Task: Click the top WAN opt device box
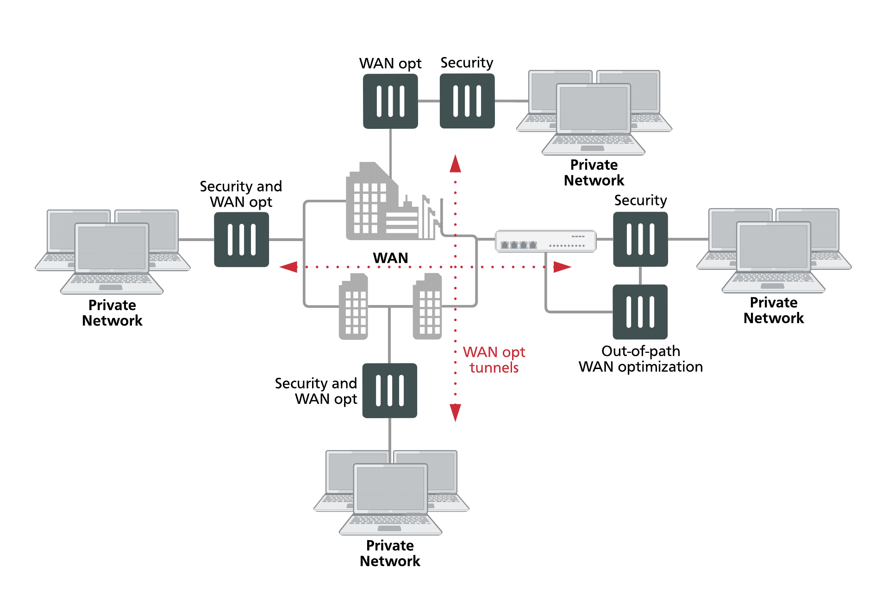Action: pos(390,101)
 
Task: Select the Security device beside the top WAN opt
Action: pos(467,101)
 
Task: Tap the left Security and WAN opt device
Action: pos(241,240)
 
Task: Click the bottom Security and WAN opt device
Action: pos(389,390)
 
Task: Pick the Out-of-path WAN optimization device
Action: pos(640,312)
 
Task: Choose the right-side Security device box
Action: pos(640,239)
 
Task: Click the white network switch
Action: pos(545,241)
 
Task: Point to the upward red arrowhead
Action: pos(455,164)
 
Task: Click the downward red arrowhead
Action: pos(455,412)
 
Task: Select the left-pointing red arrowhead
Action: pos(289,267)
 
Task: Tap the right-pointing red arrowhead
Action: pos(562,267)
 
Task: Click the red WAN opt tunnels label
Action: pos(494,360)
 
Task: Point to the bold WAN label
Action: pos(390,258)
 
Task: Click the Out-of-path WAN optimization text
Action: pos(640,359)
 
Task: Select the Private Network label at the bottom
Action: pos(390,553)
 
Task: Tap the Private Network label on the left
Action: pos(112,313)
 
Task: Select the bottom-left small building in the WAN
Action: pos(353,307)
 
